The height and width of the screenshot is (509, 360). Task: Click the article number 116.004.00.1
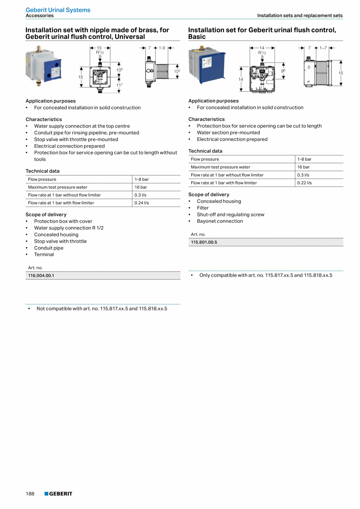point(41,276)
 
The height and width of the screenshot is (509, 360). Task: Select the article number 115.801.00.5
point(204,242)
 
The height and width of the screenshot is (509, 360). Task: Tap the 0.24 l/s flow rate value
point(142,203)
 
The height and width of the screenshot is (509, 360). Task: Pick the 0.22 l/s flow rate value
point(304,183)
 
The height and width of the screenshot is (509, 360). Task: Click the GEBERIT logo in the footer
point(58,494)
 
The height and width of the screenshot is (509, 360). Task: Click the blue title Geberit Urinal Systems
point(58,10)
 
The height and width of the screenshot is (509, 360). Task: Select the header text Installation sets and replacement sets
point(300,16)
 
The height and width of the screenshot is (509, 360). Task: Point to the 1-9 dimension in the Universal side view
point(162,48)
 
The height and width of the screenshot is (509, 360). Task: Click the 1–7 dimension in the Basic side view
point(323,48)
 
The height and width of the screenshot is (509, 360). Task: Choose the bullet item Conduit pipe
point(49,248)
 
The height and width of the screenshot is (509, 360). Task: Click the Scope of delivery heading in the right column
point(209,195)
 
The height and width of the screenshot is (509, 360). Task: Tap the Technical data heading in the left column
point(43,171)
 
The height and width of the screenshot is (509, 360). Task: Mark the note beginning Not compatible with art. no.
point(102,309)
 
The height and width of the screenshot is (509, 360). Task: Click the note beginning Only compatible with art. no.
point(266,275)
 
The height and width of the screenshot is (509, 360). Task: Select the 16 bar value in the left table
point(141,187)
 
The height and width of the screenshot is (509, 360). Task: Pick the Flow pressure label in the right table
point(205,159)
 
